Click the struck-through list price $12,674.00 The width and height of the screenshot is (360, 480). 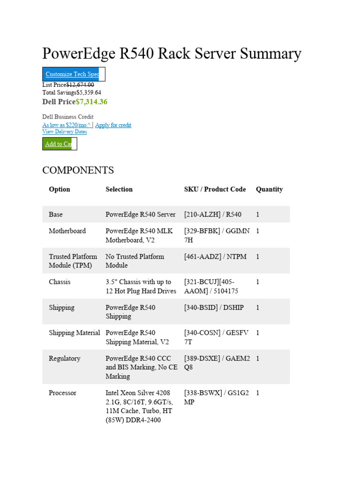(x=80, y=85)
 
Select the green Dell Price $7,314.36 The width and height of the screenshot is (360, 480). (x=91, y=102)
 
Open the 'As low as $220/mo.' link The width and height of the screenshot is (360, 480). (x=67, y=125)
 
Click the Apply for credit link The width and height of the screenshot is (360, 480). (x=113, y=125)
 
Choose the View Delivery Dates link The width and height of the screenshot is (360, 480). (x=65, y=132)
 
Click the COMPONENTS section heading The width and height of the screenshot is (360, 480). (x=78, y=170)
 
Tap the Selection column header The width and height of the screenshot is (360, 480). (x=119, y=189)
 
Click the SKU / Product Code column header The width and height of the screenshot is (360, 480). (x=215, y=189)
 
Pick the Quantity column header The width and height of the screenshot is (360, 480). (x=269, y=189)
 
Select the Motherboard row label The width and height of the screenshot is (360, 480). (x=67, y=231)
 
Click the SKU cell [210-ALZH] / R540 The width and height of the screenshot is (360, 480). (x=213, y=215)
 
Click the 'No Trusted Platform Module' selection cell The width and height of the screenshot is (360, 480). (x=135, y=261)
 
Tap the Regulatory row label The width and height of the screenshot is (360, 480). (x=65, y=359)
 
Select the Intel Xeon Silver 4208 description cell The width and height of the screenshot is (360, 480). (x=139, y=406)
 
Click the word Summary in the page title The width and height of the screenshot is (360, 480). (x=270, y=54)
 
